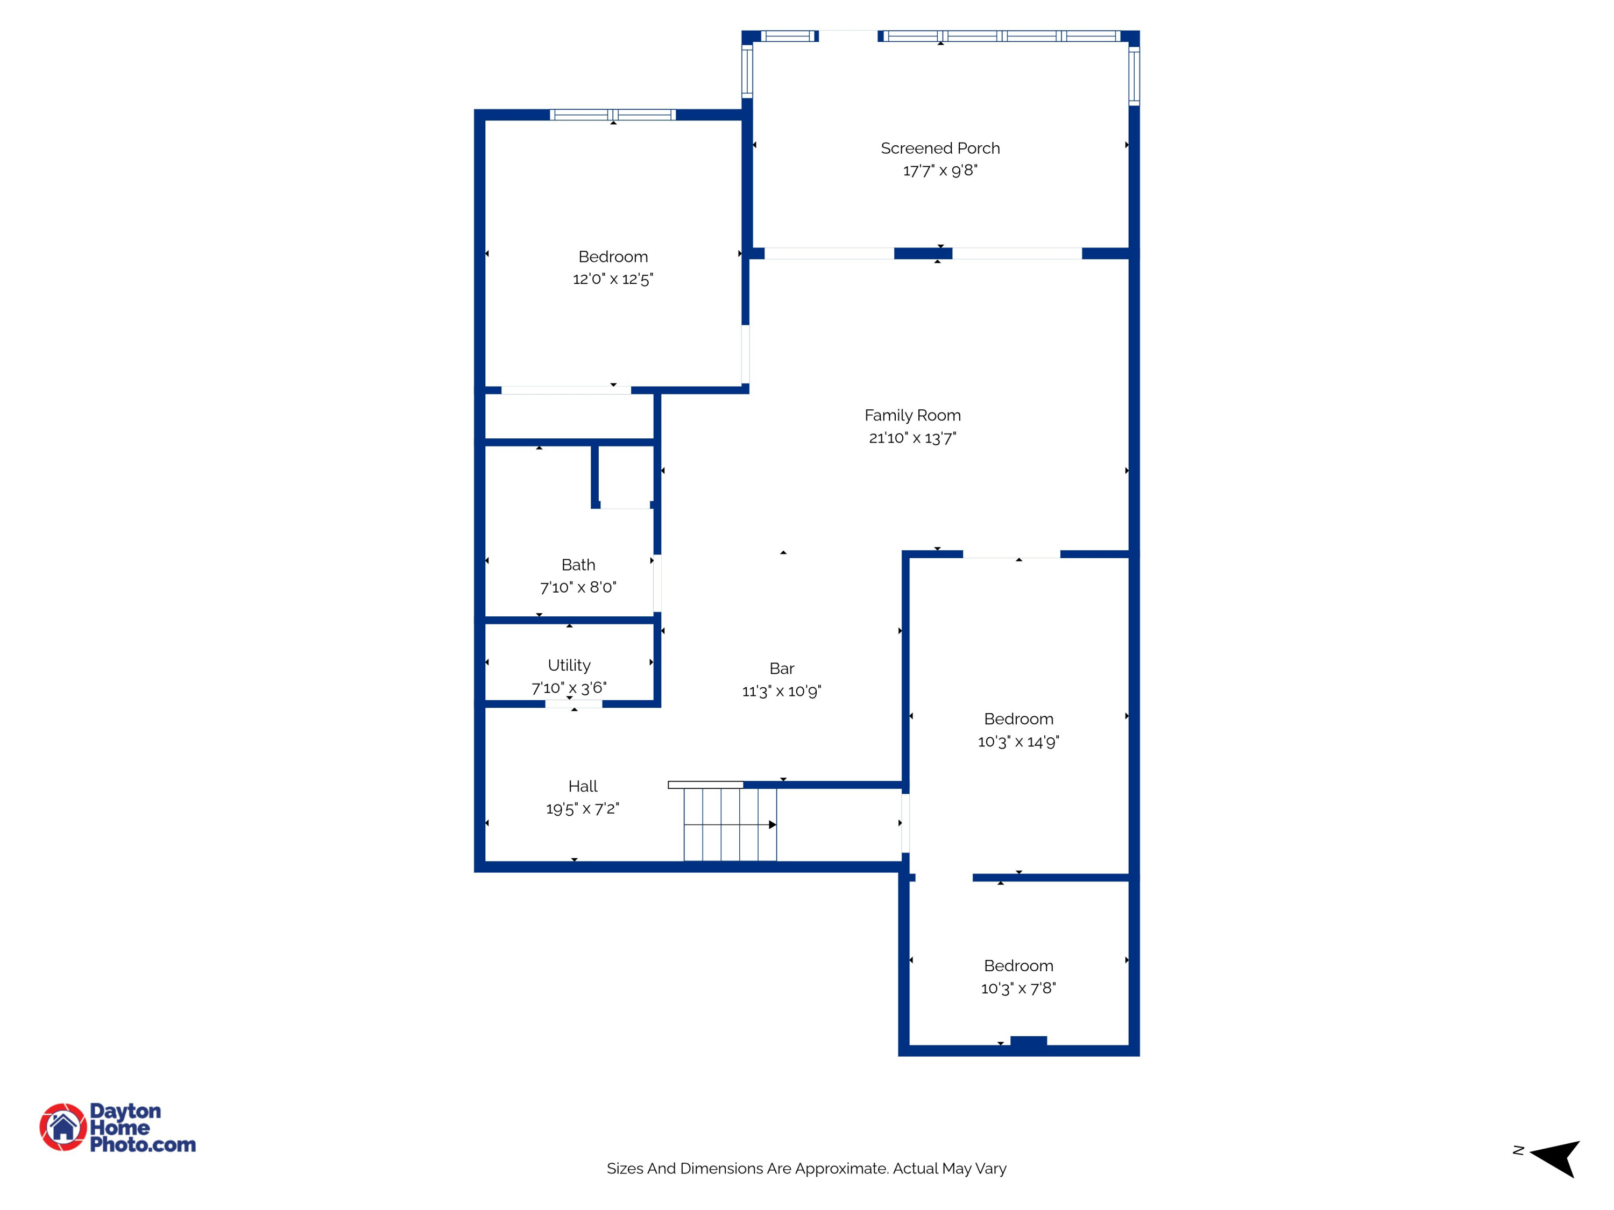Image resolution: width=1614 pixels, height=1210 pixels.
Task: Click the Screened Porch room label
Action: point(940,148)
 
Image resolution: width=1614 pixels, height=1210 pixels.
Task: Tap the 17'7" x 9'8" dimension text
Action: point(940,170)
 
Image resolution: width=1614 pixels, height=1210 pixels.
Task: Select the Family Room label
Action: point(912,415)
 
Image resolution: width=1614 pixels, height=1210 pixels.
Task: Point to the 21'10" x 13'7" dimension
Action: point(912,438)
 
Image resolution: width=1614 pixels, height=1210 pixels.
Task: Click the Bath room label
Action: point(578,565)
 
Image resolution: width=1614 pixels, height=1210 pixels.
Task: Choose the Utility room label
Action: point(569,665)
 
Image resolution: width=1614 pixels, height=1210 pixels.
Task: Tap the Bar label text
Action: point(782,668)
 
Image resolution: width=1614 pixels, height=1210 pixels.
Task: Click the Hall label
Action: point(582,786)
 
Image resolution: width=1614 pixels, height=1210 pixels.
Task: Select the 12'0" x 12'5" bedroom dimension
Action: point(613,279)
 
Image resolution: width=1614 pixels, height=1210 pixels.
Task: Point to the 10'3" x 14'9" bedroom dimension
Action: point(1018,742)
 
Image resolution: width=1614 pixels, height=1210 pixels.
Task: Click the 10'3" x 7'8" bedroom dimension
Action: point(1018,988)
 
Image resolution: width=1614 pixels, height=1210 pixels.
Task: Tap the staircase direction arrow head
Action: point(772,825)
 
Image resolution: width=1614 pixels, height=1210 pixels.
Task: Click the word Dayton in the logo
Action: point(125,1111)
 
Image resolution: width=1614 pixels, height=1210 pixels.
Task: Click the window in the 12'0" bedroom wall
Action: point(613,115)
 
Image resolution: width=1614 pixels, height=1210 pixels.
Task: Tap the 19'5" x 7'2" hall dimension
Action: point(582,809)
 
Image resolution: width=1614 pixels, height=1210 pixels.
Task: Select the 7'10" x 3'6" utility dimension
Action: point(569,688)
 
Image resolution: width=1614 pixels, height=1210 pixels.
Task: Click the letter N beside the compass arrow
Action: point(1518,1150)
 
